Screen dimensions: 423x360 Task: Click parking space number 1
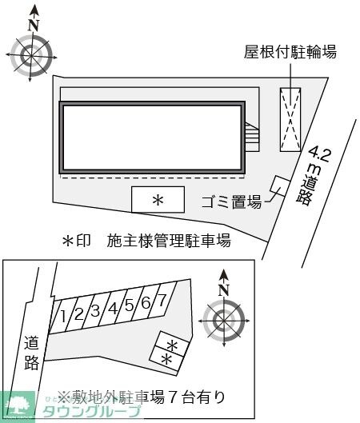pos(63,316)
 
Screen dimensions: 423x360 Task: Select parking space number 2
pos(79,313)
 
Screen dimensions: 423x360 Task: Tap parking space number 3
pos(95,310)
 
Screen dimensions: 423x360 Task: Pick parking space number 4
pos(113,307)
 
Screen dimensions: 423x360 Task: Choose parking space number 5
pos(129,305)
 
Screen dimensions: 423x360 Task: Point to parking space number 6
pos(146,302)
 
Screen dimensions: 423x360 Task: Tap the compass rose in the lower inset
pos(223,320)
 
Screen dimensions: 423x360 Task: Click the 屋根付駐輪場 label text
pos(290,53)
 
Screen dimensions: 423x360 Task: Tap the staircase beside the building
pos(253,137)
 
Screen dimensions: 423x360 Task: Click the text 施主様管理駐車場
pos(170,241)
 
